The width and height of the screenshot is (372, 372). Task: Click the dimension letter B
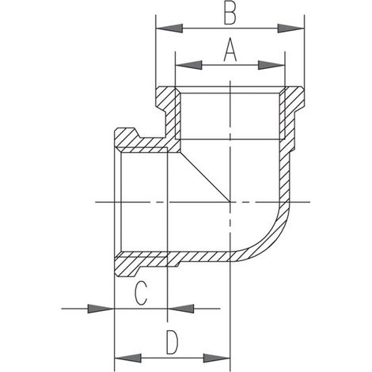pyautogui.click(x=230, y=13)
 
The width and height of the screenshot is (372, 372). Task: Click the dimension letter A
pyautogui.click(x=230, y=50)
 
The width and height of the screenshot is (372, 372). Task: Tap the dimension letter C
pyautogui.click(x=140, y=293)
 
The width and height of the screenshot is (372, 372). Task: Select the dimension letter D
pyautogui.click(x=173, y=343)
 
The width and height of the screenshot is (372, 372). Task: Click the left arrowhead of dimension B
pyautogui.click(x=169, y=28)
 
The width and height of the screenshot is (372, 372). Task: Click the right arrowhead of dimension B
pyautogui.click(x=291, y=28)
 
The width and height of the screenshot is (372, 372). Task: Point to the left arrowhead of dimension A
pyautogui.click(x=189, y=65)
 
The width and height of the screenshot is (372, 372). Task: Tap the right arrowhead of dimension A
pyautogui.click(x=271, y=65)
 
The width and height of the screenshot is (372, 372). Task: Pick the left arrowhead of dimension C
pyautogui.click(x=101, y=309)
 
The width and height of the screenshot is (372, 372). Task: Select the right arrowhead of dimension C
pyautogui.click(x=181, y=309)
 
